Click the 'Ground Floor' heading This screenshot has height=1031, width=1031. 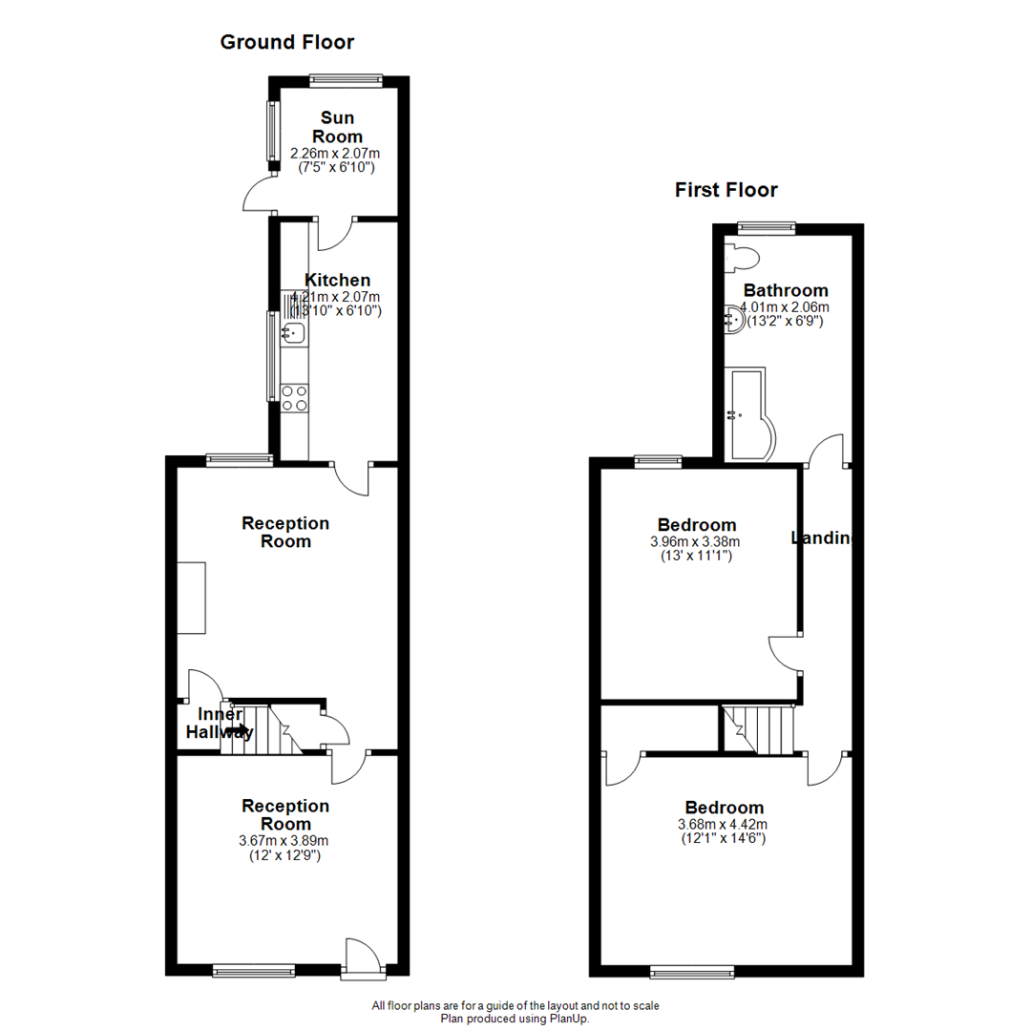click(286, 42)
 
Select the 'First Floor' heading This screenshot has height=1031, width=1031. click(726, 189)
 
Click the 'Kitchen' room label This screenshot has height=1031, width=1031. click(337, 280)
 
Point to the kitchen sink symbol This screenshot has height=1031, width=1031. click(293, 332)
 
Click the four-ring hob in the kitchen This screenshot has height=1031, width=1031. click(294, 396)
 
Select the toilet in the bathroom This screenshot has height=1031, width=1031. click(742, 257)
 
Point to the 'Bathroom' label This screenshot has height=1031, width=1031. click(786, 290)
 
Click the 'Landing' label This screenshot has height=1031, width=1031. click(821, 538)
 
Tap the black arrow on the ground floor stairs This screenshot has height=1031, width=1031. click(239, 731)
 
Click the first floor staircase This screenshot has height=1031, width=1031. click(759, 728)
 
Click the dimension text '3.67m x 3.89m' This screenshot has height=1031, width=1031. click(284, 841)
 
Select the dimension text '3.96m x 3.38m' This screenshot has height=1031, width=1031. click(696, 541)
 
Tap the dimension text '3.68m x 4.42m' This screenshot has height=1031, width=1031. click(722, 824)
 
